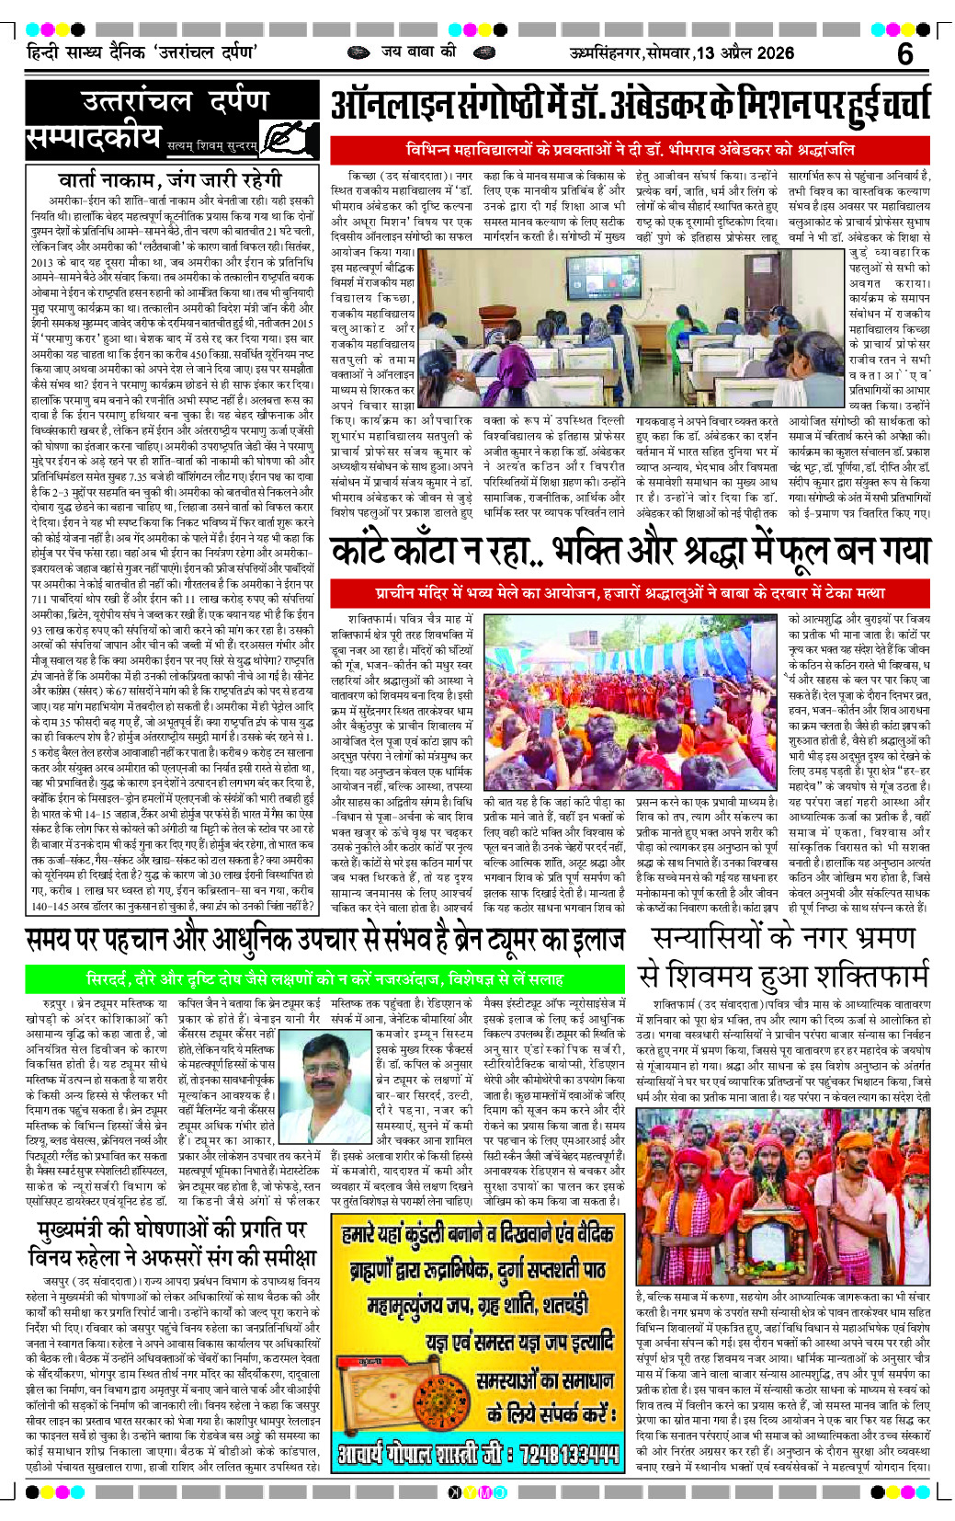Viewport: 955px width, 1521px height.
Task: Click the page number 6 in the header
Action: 904,54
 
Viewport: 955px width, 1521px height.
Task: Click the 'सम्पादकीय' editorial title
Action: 94,137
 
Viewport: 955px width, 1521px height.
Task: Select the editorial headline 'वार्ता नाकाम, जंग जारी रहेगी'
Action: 169,178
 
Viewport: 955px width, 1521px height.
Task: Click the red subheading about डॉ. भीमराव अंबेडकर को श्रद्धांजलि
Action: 630,149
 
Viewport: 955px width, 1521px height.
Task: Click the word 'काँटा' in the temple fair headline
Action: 440,552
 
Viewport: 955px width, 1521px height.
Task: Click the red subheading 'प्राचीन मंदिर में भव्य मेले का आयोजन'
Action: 630,593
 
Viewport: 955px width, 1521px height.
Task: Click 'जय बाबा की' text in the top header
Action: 419,51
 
